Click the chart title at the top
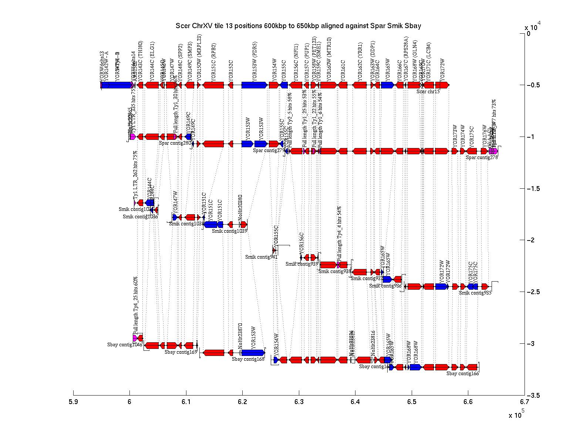pyautogui.click(x=299, y=26)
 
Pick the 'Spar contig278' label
pyautogui.click(x=482, y=157)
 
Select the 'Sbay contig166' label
pyautogui.click(x=462, y=374)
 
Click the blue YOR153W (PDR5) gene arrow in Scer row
pyautogui.click(x=254, y=85)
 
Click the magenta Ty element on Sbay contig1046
pyautogui.click(x=135, y=338)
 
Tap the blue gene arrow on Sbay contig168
pyautogui.click(x=253, y=352)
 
